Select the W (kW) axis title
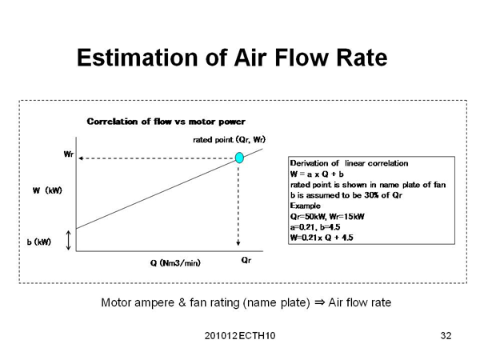(x=48, y=190)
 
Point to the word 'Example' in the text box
(x=304, y=205)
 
